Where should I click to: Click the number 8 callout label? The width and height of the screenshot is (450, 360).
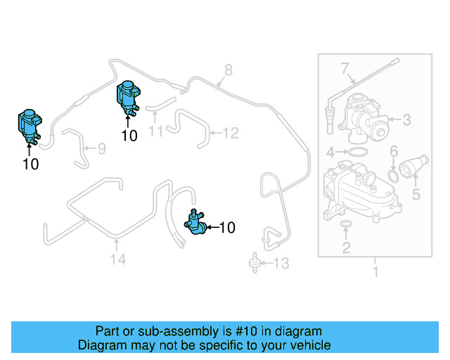228,70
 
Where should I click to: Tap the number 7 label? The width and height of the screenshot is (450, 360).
345,69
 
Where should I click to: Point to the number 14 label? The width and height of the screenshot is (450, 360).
118,259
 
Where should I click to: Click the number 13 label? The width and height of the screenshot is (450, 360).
281,264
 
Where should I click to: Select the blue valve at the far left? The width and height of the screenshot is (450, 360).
29,127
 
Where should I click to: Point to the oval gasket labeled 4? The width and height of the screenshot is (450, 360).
358,152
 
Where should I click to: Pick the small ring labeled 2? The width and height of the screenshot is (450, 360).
346,225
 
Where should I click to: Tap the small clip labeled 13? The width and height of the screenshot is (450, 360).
253,264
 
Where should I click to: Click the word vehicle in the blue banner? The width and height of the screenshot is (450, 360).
307,345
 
